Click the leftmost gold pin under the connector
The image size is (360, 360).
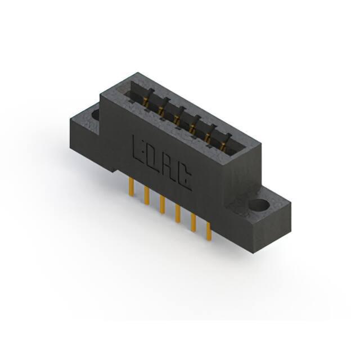point(131,187)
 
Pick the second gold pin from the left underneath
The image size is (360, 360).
point(147,195)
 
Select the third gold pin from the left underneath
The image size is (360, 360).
point(163,204)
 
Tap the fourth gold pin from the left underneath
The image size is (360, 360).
point(178,213)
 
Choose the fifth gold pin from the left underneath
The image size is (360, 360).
point(193,222)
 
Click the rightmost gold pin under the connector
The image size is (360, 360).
point(209,231)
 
